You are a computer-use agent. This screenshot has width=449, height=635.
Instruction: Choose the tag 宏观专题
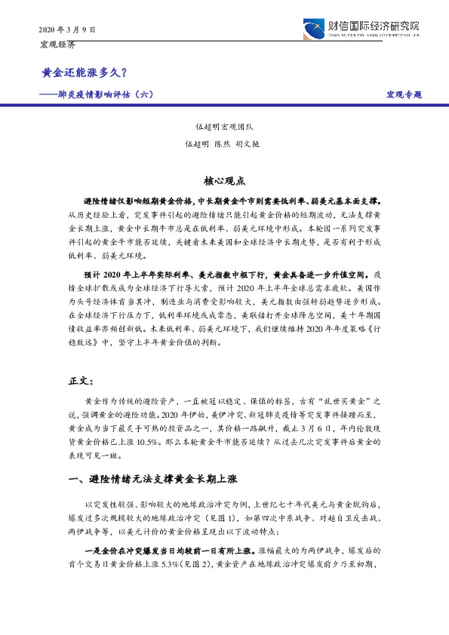click(404, 94)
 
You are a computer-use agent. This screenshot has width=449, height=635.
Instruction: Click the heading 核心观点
click(223, 181)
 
